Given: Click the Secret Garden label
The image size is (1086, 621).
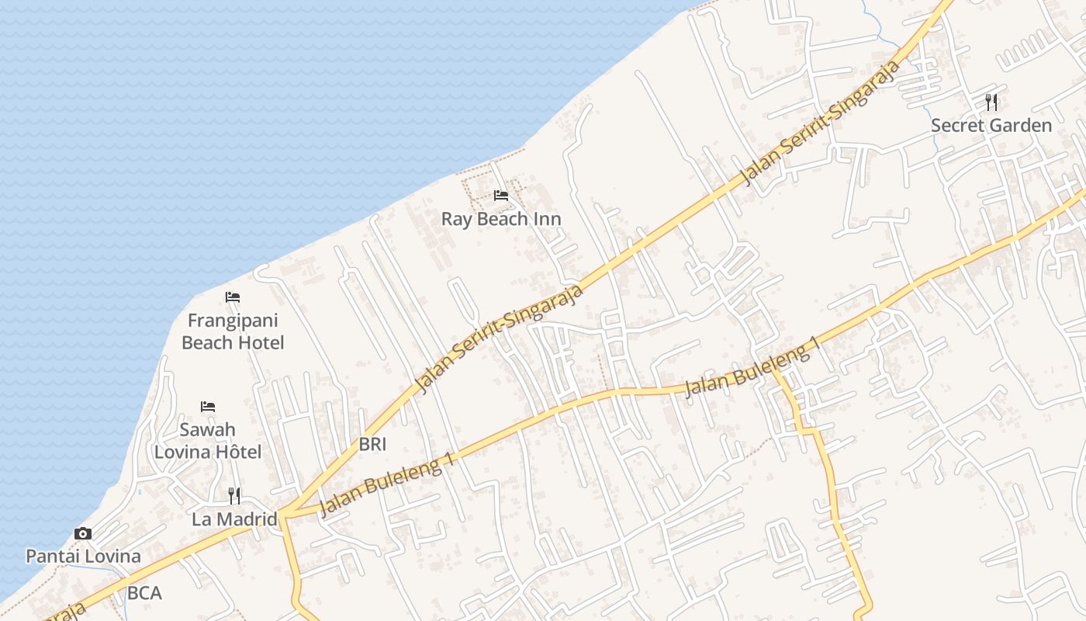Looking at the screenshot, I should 991,125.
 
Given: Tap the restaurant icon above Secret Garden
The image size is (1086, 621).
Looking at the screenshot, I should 991,102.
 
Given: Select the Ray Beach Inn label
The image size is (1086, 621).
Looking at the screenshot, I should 501,219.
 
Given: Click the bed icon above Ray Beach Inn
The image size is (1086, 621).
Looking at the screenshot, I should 501,195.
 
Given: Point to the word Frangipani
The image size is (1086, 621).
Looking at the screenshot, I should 233,321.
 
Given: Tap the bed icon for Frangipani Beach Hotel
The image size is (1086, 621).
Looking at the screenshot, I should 233,297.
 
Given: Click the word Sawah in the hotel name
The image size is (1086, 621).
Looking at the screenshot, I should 207,429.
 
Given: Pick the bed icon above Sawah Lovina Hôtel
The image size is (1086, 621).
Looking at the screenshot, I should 208,406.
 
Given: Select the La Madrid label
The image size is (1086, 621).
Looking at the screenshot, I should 234,519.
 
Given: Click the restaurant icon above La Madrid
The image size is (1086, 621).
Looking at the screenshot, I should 234,495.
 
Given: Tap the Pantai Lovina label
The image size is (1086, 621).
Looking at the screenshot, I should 84,557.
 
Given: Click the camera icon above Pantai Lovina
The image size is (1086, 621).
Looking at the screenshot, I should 83,533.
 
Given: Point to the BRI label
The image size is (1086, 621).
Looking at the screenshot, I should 372,445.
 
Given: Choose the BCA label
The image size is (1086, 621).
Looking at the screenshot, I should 144,594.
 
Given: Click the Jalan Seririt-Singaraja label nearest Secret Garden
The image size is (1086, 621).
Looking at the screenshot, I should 821,123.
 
